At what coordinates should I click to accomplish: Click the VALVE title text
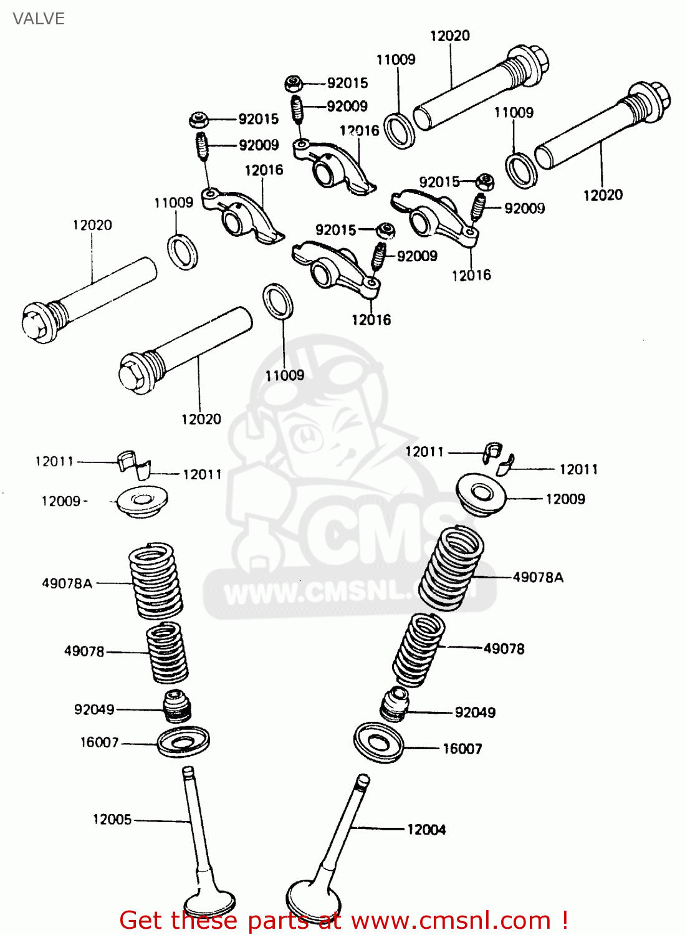click(39, 19)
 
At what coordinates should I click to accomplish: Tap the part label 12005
click(112, 819)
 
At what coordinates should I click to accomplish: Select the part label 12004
click(426, 829)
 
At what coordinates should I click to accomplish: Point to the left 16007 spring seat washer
click(183, 741)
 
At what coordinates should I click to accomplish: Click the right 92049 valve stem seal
click(395, 704)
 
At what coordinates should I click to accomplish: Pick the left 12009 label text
click(61, 501)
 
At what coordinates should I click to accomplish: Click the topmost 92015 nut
click(294, 82)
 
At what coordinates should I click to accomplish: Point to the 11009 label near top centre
click(396, 59)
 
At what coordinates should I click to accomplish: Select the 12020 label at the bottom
click(201, 419)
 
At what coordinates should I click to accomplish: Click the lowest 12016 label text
click(371, 320)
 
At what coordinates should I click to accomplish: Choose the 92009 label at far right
click(524, 208)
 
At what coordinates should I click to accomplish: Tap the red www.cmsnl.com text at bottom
click(449, 921)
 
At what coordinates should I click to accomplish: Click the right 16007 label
click(462, 749)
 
